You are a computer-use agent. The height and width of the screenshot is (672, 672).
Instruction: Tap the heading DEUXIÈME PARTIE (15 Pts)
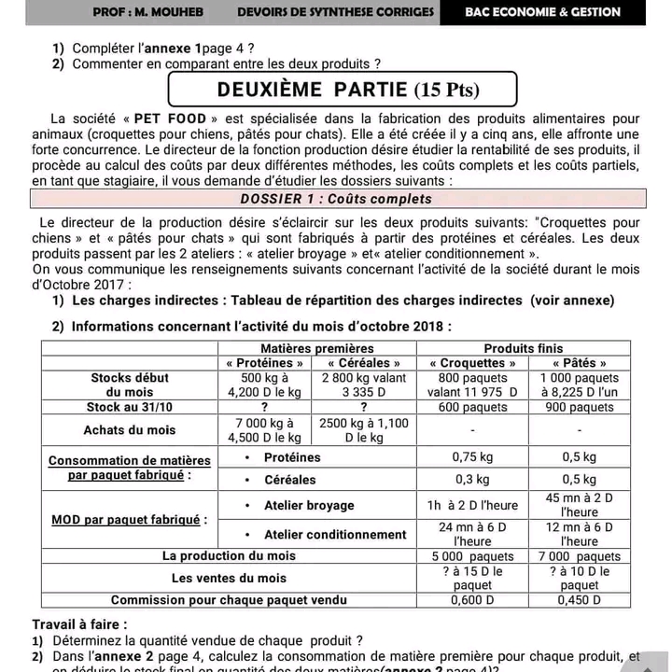[x=342, y=90]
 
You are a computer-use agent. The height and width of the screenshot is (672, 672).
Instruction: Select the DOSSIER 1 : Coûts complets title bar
[x=336, y=199]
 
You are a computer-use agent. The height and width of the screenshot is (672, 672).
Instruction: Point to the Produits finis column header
[x=524, y=348]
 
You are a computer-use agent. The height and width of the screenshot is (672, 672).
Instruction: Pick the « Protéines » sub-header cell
[x=265, y=363]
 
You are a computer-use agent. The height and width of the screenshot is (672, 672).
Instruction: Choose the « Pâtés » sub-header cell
[x=580, y=363]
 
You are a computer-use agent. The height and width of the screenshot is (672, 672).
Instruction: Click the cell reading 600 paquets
[x=473, y=407]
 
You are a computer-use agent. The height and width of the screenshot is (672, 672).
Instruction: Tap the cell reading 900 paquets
[x=580, y=407]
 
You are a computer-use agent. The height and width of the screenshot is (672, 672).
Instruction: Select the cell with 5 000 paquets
[x=473, y=556]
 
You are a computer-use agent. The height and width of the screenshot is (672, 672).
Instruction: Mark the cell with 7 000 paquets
[x=580, y=556]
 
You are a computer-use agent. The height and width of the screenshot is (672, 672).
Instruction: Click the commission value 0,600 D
[x=473, y=600]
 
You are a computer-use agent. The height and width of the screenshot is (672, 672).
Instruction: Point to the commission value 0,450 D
[x=580, y=600]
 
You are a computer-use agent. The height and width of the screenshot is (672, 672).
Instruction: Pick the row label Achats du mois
[x=130, y=429]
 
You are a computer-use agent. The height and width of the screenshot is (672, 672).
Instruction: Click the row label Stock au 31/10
[x=130, y=407]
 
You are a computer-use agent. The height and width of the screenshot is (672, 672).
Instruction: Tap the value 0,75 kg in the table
[x=473, y=457]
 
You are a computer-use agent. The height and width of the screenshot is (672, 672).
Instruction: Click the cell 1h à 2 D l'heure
[x=473, y=505]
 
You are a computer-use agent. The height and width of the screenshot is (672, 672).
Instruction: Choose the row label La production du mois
[x=231, y=556]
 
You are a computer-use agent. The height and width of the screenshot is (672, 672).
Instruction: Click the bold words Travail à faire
[x=79, y=624]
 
